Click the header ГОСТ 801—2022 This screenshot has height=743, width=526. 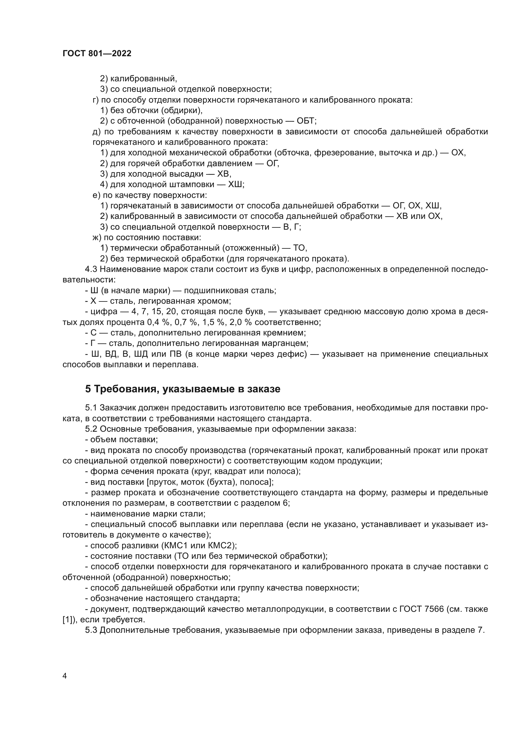(x=97, y=54)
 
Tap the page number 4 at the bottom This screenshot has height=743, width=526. (x=65, y=676)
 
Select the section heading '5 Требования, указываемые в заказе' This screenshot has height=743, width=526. (x=183, y=389)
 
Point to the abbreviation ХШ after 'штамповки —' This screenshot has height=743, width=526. (x=235, y=185)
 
